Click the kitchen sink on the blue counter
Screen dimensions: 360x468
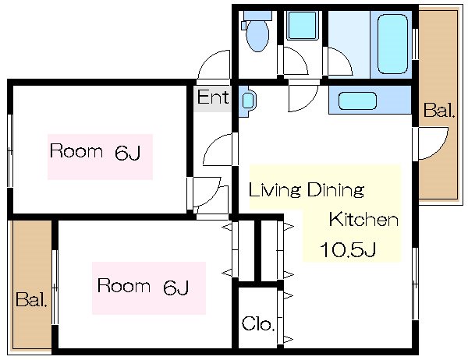(358, 101)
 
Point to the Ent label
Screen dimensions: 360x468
(212, 98)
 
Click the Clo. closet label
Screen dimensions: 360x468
(257, 323)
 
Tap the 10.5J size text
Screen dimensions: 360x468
(349, 250)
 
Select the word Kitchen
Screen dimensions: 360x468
(363, 220)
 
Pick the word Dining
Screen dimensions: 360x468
(337, 189)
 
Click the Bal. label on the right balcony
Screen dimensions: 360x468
(438, 111)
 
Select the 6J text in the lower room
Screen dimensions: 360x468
(176, 287)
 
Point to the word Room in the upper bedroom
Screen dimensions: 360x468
(76, 151)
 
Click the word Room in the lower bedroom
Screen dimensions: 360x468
(123, 286)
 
